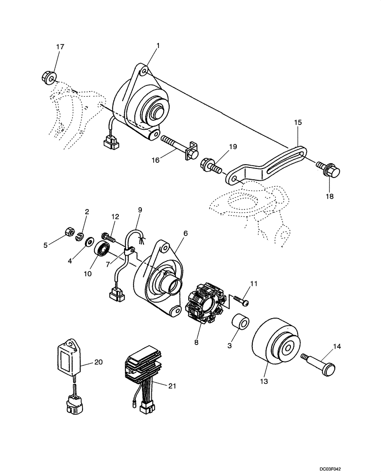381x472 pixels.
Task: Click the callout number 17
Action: pos(60,47)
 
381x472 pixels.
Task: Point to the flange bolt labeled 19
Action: pos(210,166)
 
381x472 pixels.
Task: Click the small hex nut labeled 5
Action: pos(68,231)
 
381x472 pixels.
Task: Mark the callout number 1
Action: pos(158,46)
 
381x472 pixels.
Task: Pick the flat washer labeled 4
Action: pos(88,243)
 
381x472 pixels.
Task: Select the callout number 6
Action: pos(185,233)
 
